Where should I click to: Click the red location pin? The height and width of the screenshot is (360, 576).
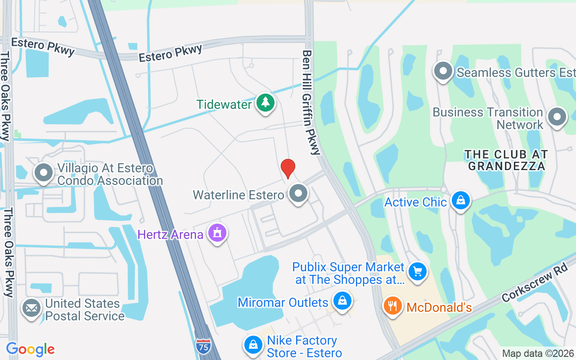tap(288, 168)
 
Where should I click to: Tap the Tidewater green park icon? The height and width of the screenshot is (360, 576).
tap(265, 103)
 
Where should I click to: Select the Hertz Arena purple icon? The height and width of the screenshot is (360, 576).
tap(218, 233)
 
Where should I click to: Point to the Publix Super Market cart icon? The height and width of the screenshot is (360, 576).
tap(418, 271)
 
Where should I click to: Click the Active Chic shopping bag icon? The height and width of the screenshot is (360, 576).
tap(460, 200)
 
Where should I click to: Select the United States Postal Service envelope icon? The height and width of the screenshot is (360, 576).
tap(31, 308)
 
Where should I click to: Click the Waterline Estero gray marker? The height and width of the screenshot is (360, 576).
tap(297, 193)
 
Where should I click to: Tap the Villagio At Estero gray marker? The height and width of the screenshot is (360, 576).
tap(44, 172)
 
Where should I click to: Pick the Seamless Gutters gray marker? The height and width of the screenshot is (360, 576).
tap(443, 71)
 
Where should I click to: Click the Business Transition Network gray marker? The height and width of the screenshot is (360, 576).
tap(557, 117)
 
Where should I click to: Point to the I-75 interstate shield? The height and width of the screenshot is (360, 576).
tap(203, 346)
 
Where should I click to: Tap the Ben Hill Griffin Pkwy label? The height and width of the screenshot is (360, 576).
tap(310, 103)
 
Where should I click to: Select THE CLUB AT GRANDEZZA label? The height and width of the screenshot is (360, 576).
tap(506, 160)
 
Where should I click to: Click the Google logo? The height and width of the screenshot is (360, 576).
tap(30, 349)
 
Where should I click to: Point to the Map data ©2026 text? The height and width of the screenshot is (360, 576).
tap(538, 354)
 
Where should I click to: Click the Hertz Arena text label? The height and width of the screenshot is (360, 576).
tap(171, 234)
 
